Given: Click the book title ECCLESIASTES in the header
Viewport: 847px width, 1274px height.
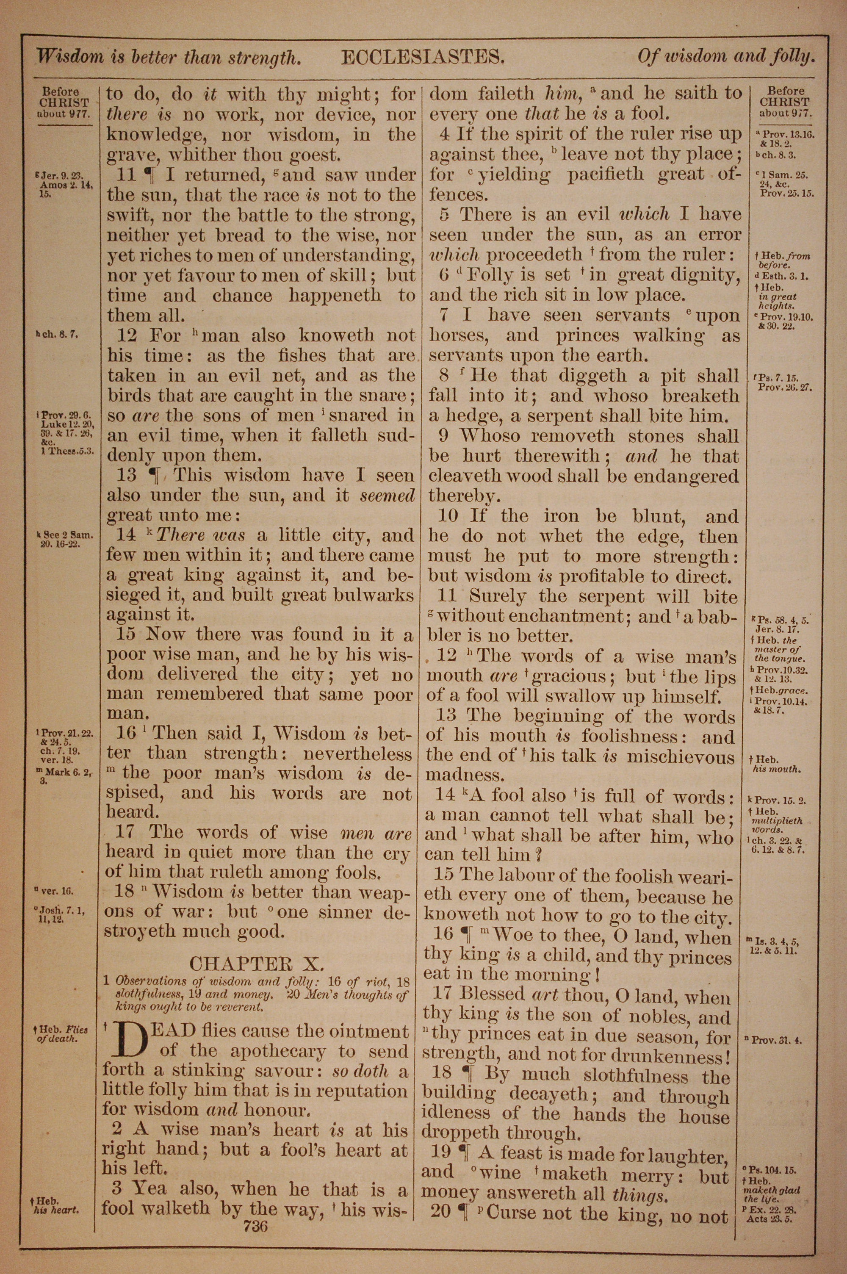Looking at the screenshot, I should coord(423,57).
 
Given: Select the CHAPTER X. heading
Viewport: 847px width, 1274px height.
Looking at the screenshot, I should coord(257,964).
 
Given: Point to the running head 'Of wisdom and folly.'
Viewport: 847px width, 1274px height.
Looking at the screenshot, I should coord(725,56).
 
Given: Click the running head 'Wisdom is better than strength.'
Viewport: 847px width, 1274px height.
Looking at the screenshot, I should coord(168,57).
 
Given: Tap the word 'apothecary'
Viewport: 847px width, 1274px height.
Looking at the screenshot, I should coord(278,1052).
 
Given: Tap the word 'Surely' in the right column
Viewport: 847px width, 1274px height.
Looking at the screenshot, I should coord(498,596).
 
